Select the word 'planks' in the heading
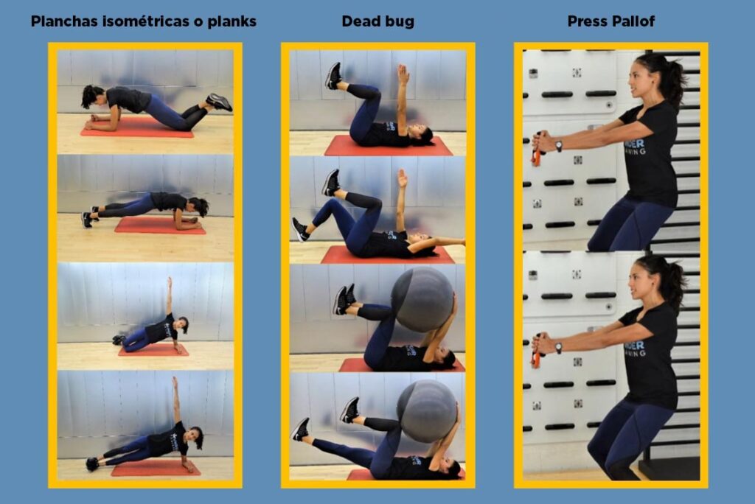pos(232,22)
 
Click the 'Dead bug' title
pos(378,21)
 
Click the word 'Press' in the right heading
pos(588,21)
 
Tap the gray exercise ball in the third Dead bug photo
pos(422,299)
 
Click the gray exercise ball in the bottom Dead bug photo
pos(427,410)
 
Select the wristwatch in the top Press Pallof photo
pos(559,145)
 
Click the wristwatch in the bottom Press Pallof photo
pos(559,348)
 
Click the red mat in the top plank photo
pos(137,128)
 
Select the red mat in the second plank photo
pos(160,225)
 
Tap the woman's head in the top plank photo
pos(92,97)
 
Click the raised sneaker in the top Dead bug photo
pos(333,76)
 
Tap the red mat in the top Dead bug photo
pos(389,145)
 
